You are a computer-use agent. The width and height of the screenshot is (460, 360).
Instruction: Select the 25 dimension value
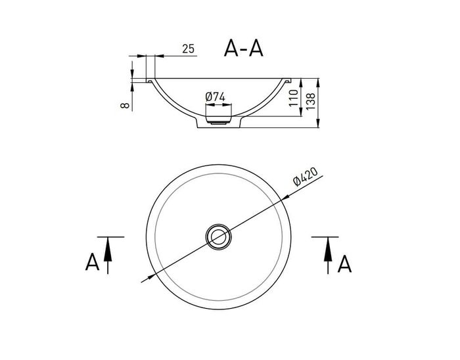pos(188,49)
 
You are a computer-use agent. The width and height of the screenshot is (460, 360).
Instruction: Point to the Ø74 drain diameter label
pos(216,97)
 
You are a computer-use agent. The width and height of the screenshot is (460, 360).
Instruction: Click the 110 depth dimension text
pos(293,100)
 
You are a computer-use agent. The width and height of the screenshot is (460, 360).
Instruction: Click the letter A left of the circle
pos(93,262)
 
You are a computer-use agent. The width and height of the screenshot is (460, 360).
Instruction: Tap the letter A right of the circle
pos(344,263)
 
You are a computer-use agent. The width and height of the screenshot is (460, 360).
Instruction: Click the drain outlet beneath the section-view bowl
pos(217,122)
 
